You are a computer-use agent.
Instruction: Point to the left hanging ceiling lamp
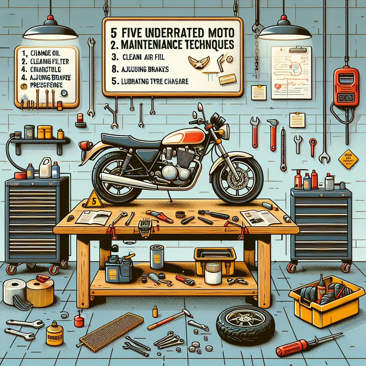tap(50, 30)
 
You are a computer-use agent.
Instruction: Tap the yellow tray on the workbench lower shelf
tap(215, 257)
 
